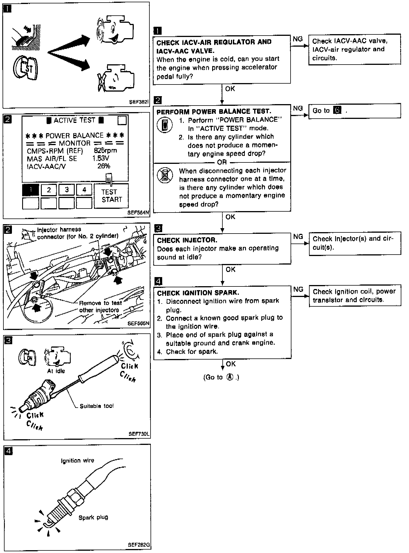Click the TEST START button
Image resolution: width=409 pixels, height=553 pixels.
pyautogui.click(x=111, y=196)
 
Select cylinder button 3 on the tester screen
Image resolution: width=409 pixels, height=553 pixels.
pyautogui.click(x=67, y=190)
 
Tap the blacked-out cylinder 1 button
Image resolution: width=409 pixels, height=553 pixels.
pyautogui.click(x=31, y=190)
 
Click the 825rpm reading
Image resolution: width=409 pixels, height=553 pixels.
pyautogui.click(x=105, y=150)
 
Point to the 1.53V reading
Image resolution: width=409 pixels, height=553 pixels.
pyautogui.click(x=101, y=158)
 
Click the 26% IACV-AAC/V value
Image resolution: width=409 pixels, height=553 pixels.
pyautogui.click(x=104, y=166)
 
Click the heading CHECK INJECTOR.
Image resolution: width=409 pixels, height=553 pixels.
pyautogui.click(x=187, y=240)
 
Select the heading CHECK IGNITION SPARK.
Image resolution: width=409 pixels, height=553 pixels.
pyautogui.click(x=198, y=293)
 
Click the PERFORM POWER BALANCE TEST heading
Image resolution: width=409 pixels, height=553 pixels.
pyautogui.click(x=214, y=112)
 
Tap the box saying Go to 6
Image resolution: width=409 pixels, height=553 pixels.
pyautogui.click(x=354, y=111)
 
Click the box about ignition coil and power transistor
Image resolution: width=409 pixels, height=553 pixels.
pyautogui.click(x=355, y=295)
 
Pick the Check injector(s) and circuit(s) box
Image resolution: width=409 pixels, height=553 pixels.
pyautogui.click(x=355, y=243)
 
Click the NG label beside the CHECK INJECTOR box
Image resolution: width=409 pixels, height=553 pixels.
pyautogui.click(x=298, y=237)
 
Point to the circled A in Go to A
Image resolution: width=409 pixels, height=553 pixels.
pyautogui.click(x=230, y=377)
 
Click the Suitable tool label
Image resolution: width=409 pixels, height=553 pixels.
pyautogui.click(x=97, y=406)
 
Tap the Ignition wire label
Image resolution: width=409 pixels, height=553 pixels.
pyautogui.click(x=77, y=461)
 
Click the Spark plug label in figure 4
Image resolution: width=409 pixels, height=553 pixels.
pyautogui.click(x=93, y=517)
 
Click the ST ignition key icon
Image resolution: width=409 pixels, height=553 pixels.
pyautogui.click(x=25, y=69)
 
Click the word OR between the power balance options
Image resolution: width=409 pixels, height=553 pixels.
pyautogui.click(x=222, y=162)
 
